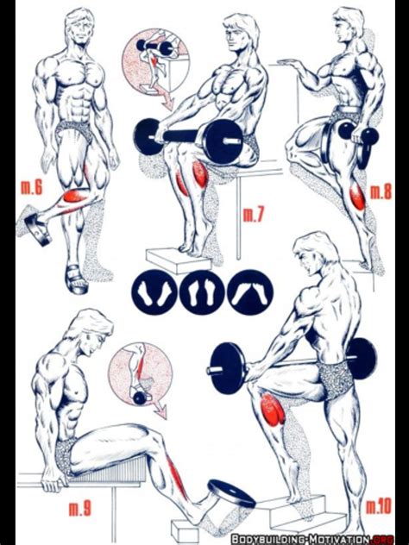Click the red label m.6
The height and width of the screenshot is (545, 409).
[31, 187]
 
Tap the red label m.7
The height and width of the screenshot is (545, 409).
[254, 214]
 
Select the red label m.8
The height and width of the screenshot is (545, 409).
[381, 191]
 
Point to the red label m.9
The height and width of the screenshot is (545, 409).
[80, 509]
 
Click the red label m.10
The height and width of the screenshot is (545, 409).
[379, 505]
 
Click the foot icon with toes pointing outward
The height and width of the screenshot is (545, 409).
[154, 292]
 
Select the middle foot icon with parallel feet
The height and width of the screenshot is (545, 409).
[202, 292]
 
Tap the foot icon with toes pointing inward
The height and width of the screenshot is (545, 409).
[250, 292]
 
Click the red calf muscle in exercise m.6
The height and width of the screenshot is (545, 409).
[74, 197]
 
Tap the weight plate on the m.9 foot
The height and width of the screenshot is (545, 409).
[231, 493]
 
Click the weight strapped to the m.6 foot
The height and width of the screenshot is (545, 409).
[38, 229]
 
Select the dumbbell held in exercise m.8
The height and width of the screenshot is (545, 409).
[358, 138]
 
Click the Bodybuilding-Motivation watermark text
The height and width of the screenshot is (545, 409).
[312, 539]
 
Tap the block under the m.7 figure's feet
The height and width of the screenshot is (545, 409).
[178, 260]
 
